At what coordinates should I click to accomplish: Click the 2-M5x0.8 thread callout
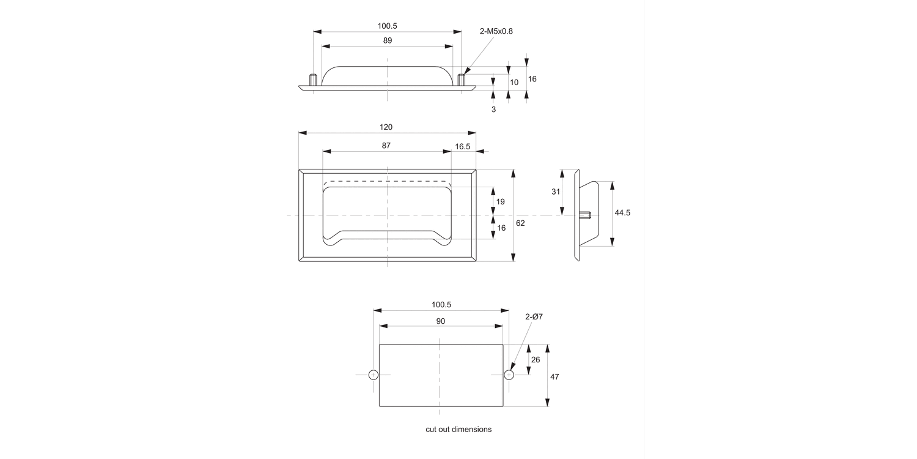point(496,31)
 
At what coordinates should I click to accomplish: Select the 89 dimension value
point(388,40)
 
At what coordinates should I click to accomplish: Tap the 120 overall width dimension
point(386,127)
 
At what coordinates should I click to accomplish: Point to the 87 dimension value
point(386,146)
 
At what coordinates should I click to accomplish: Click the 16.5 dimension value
point(463,146)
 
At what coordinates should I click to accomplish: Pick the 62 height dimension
point(520,223)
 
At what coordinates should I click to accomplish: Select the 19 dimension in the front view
point(501,202)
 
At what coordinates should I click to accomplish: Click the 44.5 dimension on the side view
point(622,213)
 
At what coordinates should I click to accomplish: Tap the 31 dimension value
point(556,192)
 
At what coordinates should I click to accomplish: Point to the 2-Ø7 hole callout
point(534,316)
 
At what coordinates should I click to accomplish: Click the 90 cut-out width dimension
point(441,321)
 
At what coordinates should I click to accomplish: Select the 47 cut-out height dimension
point(554,377)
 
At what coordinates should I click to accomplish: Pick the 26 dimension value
point(536,360)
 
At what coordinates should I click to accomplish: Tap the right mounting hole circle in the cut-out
point(509,375)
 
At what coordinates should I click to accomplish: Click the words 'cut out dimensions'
point(458,430)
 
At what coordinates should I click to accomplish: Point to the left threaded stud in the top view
point(313,80)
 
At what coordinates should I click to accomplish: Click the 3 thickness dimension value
point(493,110)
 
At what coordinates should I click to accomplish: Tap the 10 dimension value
point(514,82)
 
